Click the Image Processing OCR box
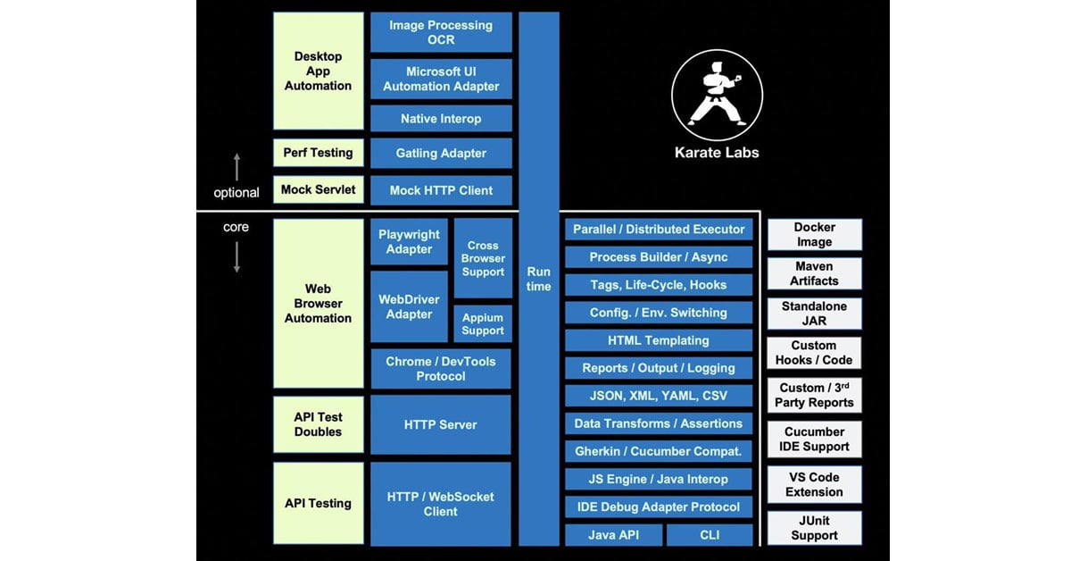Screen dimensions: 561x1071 pyautogui.click(x=441, y=32)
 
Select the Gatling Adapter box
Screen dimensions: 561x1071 pyautogui.click(x=441, y=154)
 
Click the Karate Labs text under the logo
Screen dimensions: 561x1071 pyautogui.click(x=717, y=153)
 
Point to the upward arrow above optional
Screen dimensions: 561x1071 pyautogui.click(x=237, y=167)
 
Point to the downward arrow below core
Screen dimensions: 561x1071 pyautogui.click(x=237, y=256)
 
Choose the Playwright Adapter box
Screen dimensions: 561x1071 pyautogui.click(x=409, y=242)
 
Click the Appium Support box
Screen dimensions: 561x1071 pyautogui.click(x=483, y=324)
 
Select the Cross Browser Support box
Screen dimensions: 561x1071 pyautogui.click(x=483, y=258)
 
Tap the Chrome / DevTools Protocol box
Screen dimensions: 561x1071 pyautogui.click(x=441, y=369)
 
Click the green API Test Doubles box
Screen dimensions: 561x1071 pyautogui.click(x=319, y=424)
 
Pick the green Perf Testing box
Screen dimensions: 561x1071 pyautogui.click(x=319, y=153)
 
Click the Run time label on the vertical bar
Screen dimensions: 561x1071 pyautogui.click(x=538, y=279)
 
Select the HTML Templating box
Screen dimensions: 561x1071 pyautogui.click(x=659, y=340)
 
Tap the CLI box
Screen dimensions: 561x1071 pyautogui.click(x=710, y=535)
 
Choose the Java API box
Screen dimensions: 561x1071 pyautogui.click(x=614, y=535)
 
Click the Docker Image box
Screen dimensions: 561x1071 pyautogui.click(x=814, y=235)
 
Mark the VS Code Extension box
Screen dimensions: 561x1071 pyautogui.click(x=814, y=484)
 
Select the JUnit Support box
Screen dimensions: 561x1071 pyautogui.click(x=814, y=528)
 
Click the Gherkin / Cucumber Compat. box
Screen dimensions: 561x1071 pyautogui.click(x=659, y=451)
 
